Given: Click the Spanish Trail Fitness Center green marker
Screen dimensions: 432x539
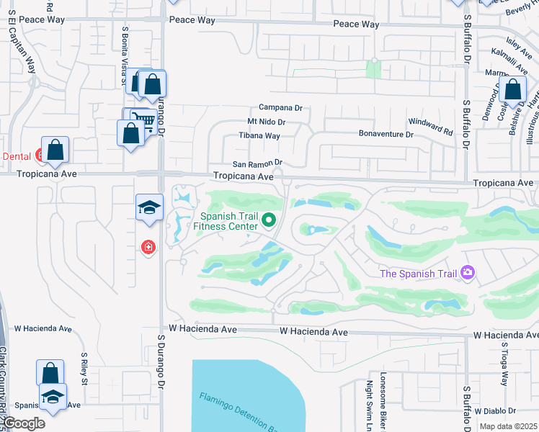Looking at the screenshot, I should coord(269,220).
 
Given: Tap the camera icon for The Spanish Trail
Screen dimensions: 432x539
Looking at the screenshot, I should coord(468,272).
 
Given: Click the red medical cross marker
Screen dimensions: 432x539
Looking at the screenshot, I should coord(148,248).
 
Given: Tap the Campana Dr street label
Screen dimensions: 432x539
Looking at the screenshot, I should coord(280,108).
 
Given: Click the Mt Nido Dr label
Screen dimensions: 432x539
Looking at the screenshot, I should coord(267,122).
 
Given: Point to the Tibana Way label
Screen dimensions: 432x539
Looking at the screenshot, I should coord(259,135).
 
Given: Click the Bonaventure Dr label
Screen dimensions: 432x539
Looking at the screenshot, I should coord(386,135).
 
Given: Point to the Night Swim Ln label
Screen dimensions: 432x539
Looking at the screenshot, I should coord(368,404).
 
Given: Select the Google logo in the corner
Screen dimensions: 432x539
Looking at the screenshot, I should coord(24,423).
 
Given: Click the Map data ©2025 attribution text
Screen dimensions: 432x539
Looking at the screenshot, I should coord(507,426).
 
